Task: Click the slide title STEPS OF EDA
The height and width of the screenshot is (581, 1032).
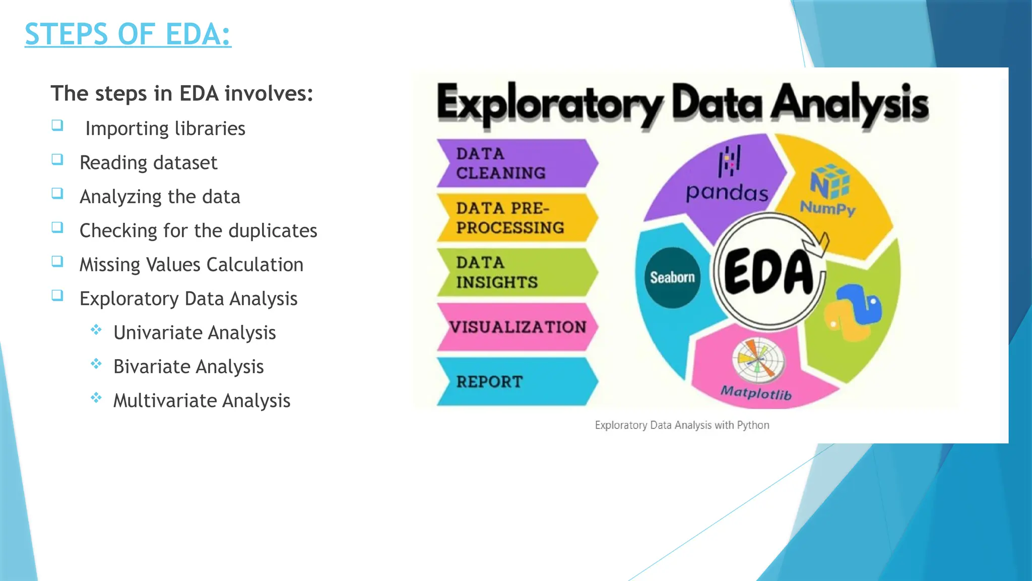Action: click(128, 34)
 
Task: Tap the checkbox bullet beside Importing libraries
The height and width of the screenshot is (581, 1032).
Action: click(57, 125)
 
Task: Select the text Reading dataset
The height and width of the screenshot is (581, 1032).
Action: click(148, 163)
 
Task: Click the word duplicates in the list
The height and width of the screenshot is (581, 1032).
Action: click(273, 231)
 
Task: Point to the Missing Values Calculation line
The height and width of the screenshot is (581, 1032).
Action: click(191, 265)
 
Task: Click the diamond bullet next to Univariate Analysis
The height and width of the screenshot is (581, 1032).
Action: click(96, 330)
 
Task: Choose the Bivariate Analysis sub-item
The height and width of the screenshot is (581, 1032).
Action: click(188, 367)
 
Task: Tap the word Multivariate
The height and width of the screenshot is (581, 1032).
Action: click(165, 401)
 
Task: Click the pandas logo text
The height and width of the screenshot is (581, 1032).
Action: click(727, 193)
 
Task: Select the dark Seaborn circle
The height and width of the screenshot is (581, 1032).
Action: click(672, 277)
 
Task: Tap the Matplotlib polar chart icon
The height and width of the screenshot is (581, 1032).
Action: click(758, 360)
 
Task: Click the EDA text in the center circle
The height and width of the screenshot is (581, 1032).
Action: click(768, 271)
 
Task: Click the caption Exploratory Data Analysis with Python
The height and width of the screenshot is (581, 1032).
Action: click(682, 425)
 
